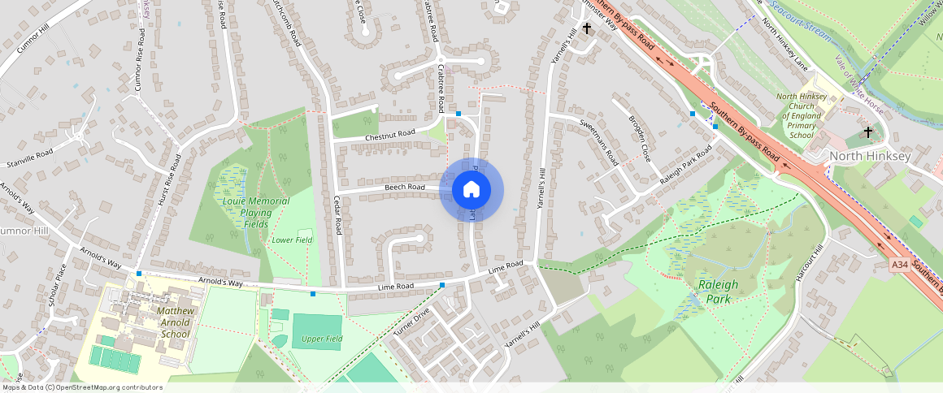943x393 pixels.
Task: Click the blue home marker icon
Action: tap(471, 190)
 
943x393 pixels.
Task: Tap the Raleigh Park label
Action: tap(718, 292)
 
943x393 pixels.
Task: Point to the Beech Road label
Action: tap(405, 188)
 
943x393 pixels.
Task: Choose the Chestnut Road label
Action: tap(390, 132)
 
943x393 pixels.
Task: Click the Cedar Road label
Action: tap(337, 215)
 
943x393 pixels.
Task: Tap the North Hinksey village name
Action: tap(869, 155)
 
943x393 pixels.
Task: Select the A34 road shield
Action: tap(899, 265)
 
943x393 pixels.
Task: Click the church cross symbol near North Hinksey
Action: tap(867, 132)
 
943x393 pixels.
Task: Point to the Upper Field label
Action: tap(323, 339)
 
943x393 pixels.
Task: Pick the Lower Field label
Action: tap(293, 240)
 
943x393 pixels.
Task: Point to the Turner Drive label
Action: tap(411, 323)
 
